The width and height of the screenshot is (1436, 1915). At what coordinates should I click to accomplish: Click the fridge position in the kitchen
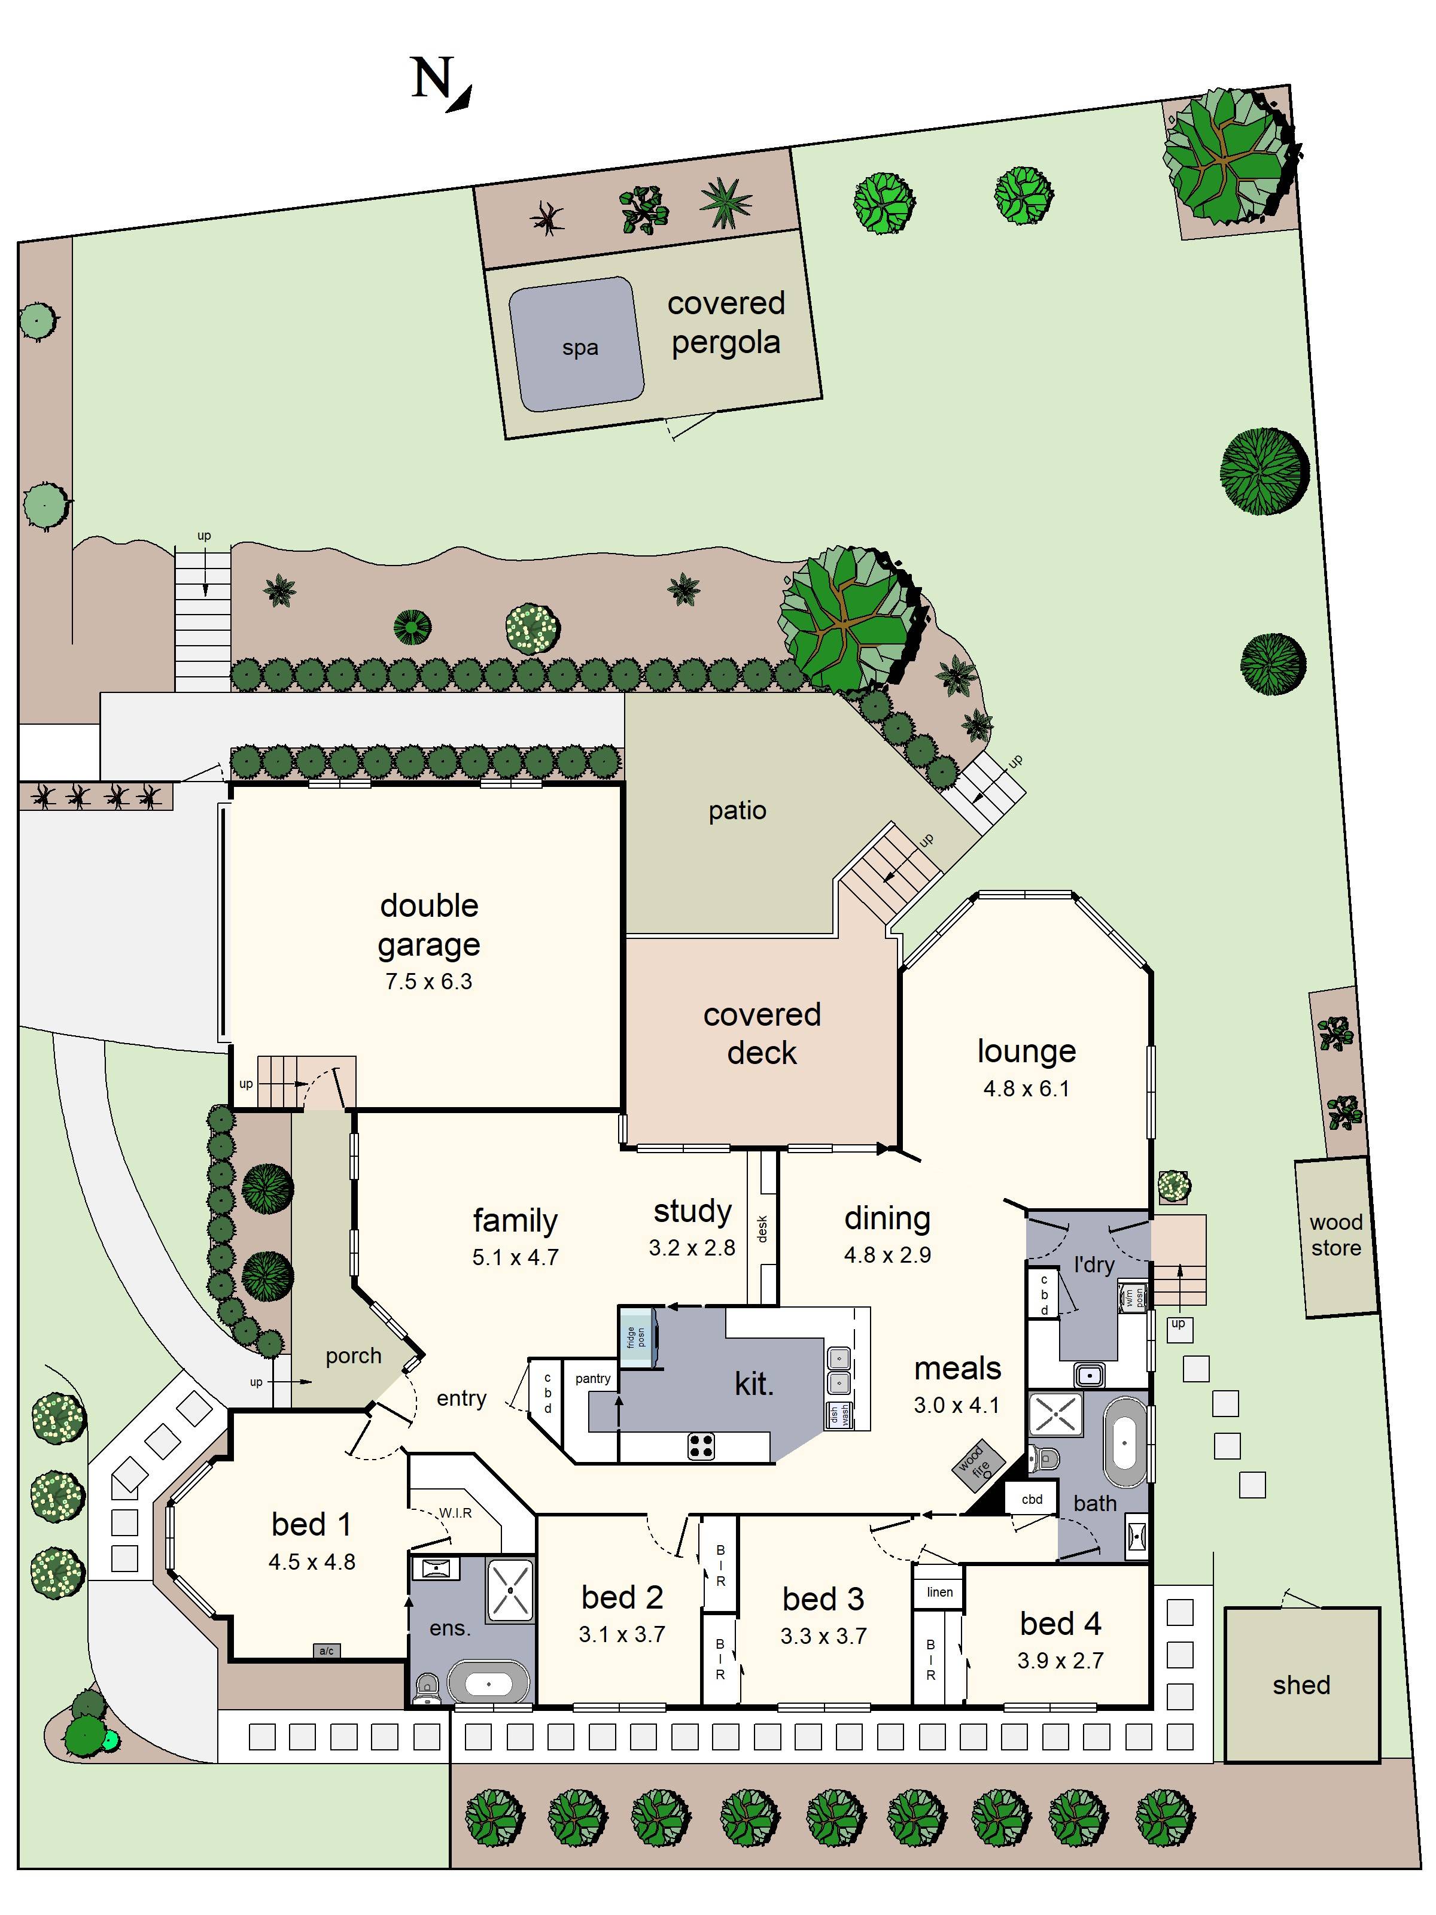pos(637,1337)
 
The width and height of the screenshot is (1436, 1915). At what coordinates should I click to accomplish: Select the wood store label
pos(1335,1235)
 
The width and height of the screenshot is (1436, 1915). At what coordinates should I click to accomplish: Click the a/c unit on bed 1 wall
pos(326,1651)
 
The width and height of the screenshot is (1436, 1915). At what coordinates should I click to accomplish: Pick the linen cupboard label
pos(939,1591)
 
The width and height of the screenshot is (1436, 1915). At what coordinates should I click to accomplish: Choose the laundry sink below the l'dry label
pos(1090,1374)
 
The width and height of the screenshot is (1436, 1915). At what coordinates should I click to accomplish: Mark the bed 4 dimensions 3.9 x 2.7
pos(1060,1661)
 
